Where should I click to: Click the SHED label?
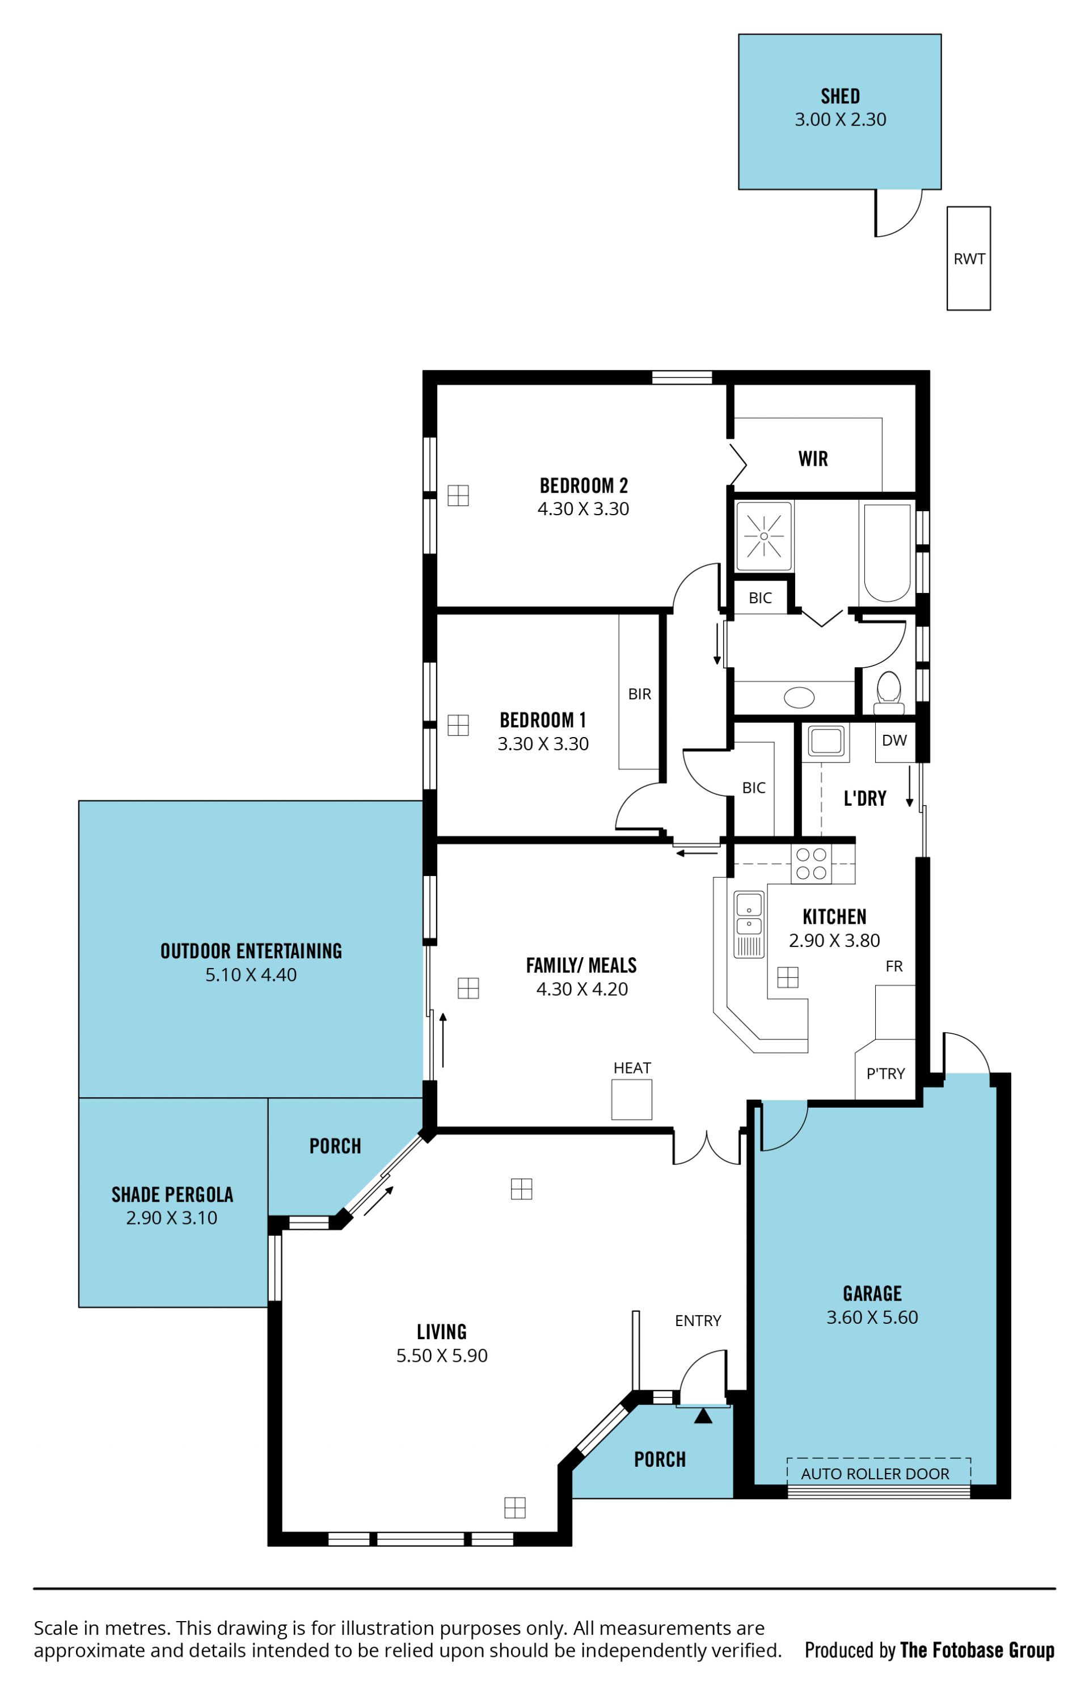(840, 96)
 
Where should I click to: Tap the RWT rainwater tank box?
(969, 258)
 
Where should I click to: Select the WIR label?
(813, 459)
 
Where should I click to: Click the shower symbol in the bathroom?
(763, 536)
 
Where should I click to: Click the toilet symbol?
(889, 694)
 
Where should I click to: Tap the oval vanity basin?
(799, 697)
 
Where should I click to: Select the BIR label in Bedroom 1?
(639, 695)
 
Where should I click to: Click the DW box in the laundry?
(894, 741)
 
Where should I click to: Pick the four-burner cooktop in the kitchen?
(811, 864)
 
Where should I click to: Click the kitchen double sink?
(749, 924)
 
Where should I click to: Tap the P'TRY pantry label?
(885, 1074)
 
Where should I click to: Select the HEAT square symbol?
(631, 1099)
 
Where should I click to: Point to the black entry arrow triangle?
(703, 1415)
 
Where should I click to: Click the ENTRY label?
(698, 1320)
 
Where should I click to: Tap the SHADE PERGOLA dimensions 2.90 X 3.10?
(172, 1218)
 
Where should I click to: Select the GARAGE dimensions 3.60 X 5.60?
(872, 1317)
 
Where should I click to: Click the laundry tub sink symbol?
(825, 741)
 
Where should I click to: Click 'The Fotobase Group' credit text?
(977, 1650)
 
